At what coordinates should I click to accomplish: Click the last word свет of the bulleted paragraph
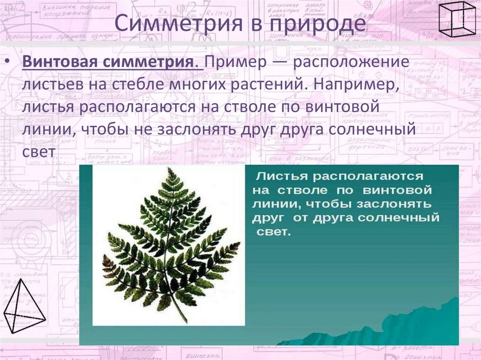tap(39, 152)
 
